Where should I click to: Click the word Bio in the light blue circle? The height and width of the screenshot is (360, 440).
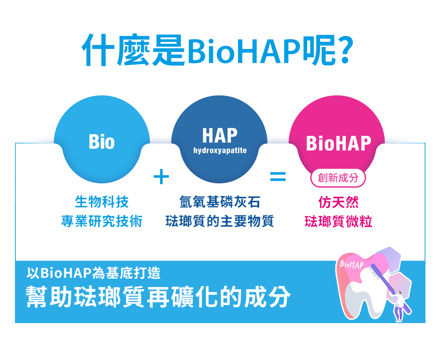click(102, 142)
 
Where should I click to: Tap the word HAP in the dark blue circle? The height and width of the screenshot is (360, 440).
click(220, 136)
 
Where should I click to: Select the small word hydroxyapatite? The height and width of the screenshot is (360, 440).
click(220, 151)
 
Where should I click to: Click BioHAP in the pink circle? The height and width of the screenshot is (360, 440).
click(338, 143)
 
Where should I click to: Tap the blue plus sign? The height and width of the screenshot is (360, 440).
click(161, 176)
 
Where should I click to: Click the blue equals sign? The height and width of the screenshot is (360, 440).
click(278, 177)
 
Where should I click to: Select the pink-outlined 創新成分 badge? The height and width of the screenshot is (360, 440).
click(338, 178)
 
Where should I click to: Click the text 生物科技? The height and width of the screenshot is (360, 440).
click(102, 202)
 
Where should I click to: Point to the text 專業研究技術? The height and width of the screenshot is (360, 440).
click(102, 221)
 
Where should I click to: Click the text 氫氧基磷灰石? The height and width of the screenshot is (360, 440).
click(220, 202)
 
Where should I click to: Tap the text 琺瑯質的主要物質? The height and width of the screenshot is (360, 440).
click(220, 221)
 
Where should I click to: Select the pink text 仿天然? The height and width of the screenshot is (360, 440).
click(338, 202)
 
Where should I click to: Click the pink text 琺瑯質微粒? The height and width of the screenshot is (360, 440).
click(338, 221)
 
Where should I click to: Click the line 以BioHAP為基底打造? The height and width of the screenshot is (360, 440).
click(93, 273)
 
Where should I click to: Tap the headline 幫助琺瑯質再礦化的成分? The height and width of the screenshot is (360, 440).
click(158, 297)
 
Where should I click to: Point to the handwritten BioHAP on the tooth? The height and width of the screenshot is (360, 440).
click(352, 264)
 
